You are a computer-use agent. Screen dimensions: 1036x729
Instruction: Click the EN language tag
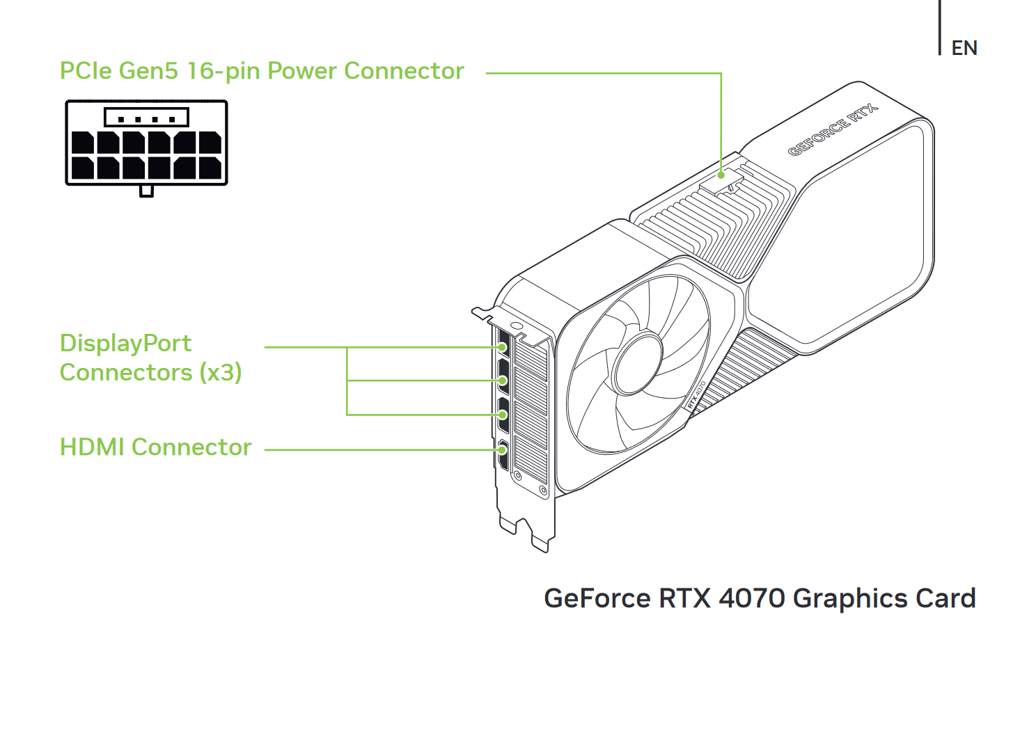[964, 48]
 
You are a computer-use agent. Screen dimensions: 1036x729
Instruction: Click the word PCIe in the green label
[86, 71]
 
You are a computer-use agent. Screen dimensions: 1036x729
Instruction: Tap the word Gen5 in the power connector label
[148, 71]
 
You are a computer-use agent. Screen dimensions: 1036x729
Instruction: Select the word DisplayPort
[125, 343]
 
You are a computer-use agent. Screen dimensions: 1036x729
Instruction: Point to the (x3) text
[220, 372]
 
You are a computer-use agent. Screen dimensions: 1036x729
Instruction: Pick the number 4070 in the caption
[753, 598]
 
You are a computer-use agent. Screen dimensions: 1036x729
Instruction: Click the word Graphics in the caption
[851, 599]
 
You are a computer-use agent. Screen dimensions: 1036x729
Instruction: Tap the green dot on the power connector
[721, 175]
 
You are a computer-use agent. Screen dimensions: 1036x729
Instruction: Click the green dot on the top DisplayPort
[503, 347]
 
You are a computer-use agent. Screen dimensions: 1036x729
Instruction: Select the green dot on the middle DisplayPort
[503, 380]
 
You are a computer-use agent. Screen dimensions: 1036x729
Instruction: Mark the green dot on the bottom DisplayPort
[503, 415]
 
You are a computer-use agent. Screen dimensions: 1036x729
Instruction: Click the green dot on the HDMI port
[503, 449]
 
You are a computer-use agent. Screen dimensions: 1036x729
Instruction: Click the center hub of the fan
[637, 364]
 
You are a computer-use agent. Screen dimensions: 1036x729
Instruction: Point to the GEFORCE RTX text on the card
[833, 130]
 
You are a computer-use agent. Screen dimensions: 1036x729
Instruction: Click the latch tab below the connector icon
[147, 191]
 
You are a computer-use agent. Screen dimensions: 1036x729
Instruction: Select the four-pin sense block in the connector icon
[147, 118]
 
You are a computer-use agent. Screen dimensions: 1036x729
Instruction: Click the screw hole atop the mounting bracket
[517, 326]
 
